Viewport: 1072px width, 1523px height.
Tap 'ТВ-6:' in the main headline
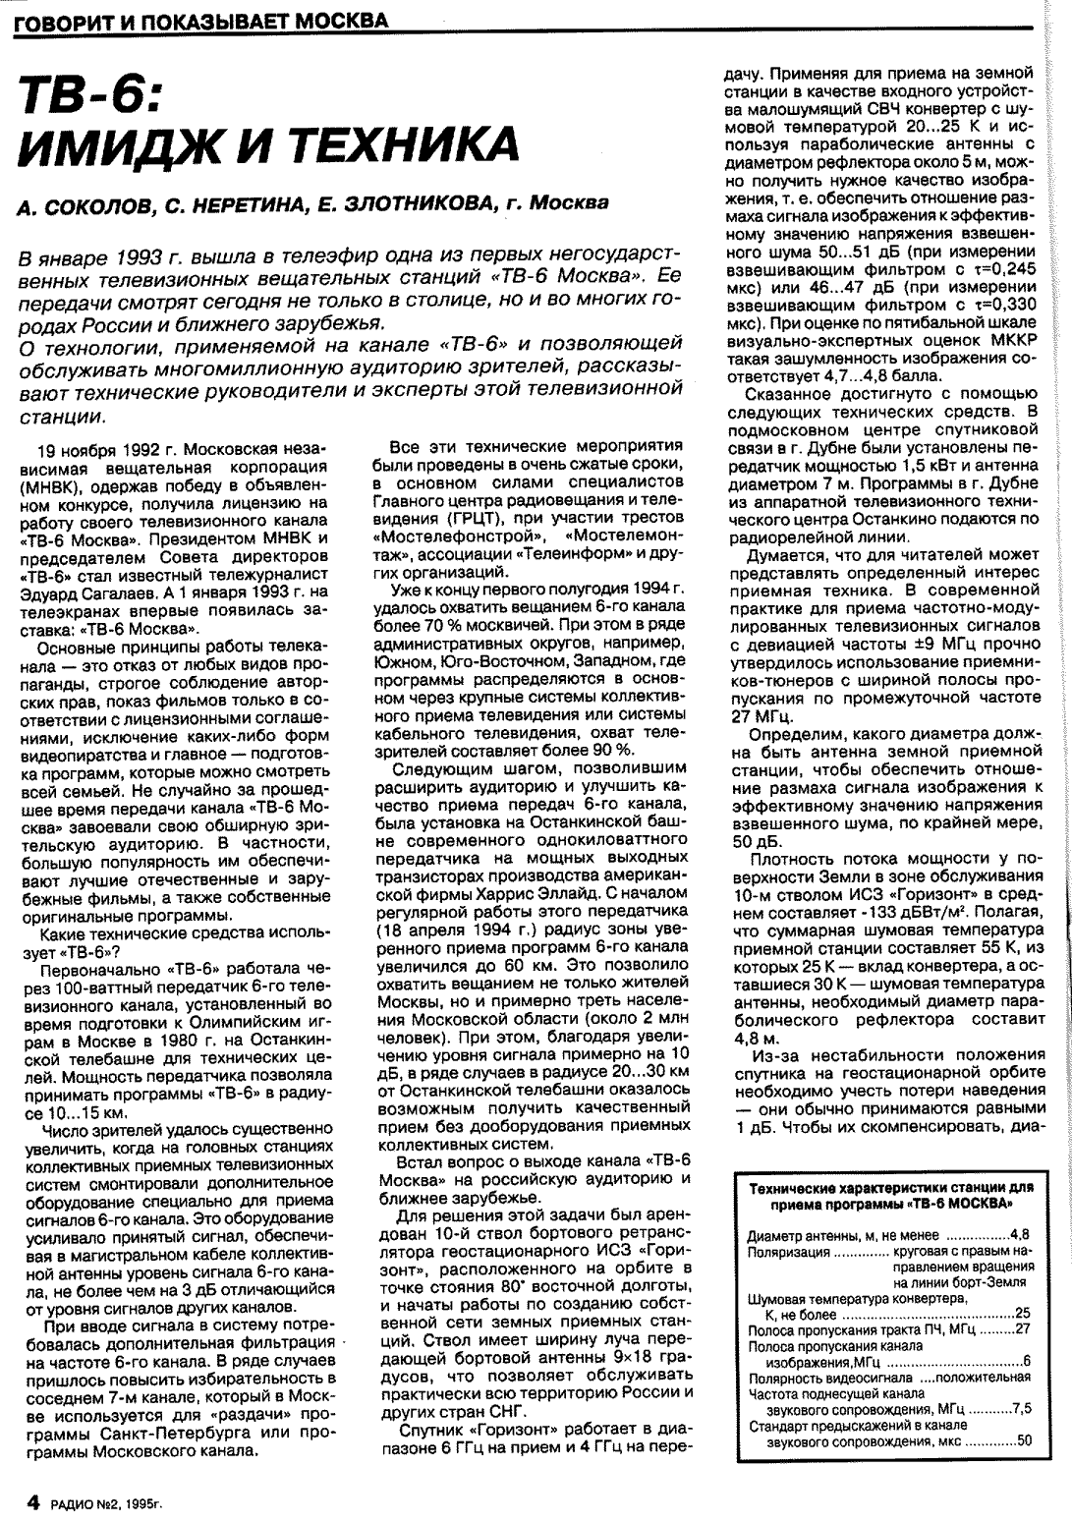(94, 99)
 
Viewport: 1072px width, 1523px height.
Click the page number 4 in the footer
(31, 1501)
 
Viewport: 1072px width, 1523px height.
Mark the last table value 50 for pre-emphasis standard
(1023, 1440)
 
